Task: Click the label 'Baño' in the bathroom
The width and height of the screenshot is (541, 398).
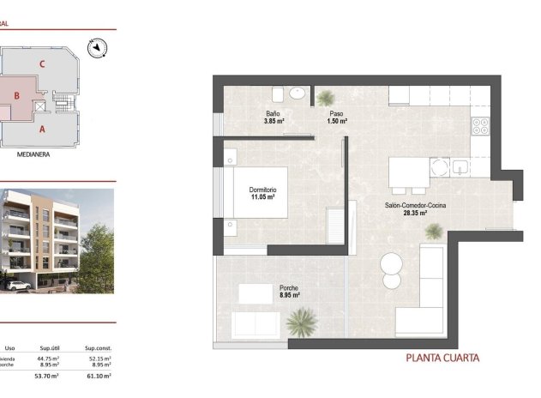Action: coord(273,114)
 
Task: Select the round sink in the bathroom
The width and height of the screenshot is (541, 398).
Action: coord(298,93)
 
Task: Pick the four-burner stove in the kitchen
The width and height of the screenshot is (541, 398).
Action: coord(480,125)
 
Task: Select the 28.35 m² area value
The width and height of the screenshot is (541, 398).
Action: coord(414,214)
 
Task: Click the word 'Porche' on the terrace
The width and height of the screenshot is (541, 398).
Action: coord(289,288)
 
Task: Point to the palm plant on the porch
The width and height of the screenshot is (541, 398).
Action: coord(301,323)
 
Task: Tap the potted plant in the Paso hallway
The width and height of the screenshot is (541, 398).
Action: coord(326,99)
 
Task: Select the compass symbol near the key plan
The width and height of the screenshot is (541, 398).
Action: coord(99,46)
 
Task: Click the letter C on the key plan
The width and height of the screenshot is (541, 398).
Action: coord(41,63)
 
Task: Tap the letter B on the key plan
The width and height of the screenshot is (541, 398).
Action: coord(15,97)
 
